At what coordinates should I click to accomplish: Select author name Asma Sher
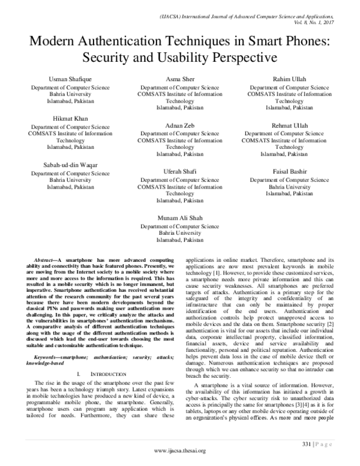(180, 79)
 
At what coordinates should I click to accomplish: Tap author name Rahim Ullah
(289, 79)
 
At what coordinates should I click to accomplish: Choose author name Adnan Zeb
(180, 126)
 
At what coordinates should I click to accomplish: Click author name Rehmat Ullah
(289, 126)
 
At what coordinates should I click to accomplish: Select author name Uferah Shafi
(180, 171)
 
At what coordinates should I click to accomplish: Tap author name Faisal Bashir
(289, 171)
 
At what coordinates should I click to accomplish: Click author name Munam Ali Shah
(180, 218)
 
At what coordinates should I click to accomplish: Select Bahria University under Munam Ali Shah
(180, 232)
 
